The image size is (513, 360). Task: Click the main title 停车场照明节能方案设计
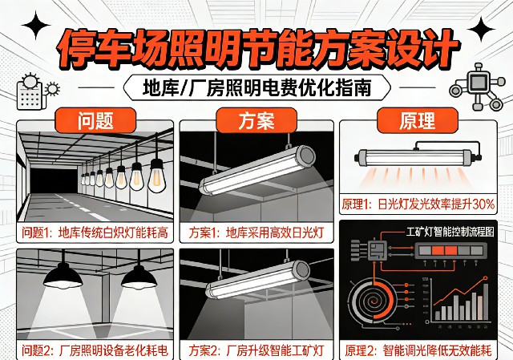click(x=256, y=47)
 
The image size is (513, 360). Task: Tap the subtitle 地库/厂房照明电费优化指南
click(x=256, y=86)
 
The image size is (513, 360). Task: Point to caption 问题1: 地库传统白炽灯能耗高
click(x=95, y=233)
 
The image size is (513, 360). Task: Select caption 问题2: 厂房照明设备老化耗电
click(x=95, y=350)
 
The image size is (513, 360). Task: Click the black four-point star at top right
click(x=481, y=30)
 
